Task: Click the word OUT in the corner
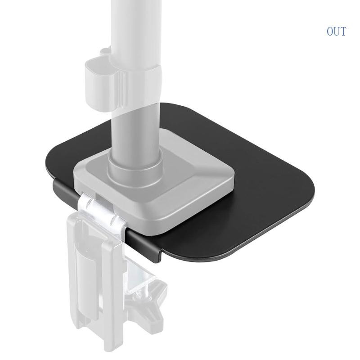(336, 31)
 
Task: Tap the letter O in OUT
(330, 31)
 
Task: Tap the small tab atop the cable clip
(105, 50)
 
